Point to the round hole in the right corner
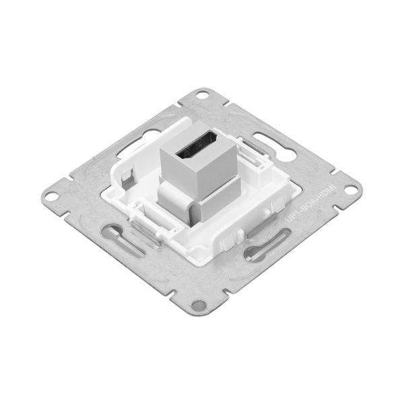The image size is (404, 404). (x=350, y=190)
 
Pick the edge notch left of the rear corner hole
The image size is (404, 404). (x=168, y=108)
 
